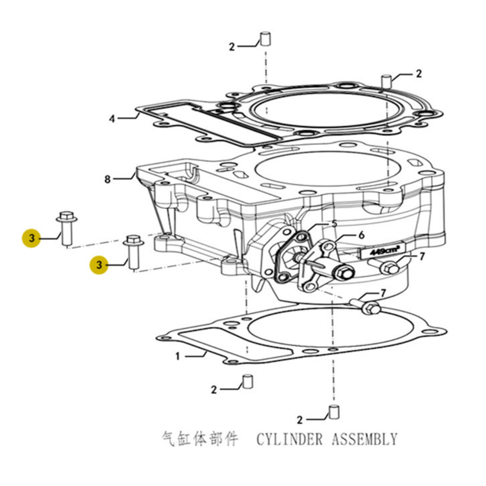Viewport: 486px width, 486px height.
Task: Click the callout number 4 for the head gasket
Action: pyautogui.click(x=112, y=119)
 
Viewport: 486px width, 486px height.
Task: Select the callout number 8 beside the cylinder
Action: pyautogui.click(x=108, y=179)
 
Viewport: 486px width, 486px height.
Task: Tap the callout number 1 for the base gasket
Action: pyautogui.click(x=177, y=357)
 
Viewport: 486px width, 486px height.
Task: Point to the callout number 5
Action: pyautogui.click(x=334, y=224)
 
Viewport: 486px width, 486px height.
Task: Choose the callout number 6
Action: pyautogui.click(x=362, y=235)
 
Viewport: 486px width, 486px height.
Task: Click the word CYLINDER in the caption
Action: pyautogui.click(x=289, y=439)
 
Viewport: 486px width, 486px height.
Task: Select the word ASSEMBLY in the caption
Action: pyautogui.click(x=365, y=439)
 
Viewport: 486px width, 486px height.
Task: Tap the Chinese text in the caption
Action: pyautogui.click(x=200, y=439)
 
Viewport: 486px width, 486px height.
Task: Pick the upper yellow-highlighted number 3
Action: pyautogui.click(x=31, y=238)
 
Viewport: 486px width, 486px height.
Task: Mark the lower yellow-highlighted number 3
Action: pyautogui.click(x=99, y=265)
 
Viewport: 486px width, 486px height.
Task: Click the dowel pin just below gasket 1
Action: pyautogui.click(x=248, y=382)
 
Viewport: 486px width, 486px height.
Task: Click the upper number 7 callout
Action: pyautogui.click(x=422, y=257)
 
